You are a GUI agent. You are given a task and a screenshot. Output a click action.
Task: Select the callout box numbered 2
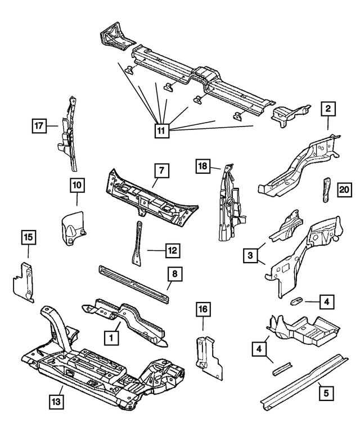pyautogui.click(x=328, y=109)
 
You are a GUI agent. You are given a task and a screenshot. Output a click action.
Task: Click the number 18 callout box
pyautogui.click(x=203, y=165)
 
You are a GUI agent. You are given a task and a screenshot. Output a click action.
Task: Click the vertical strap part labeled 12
pyautogui.click(x=137, y=242)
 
